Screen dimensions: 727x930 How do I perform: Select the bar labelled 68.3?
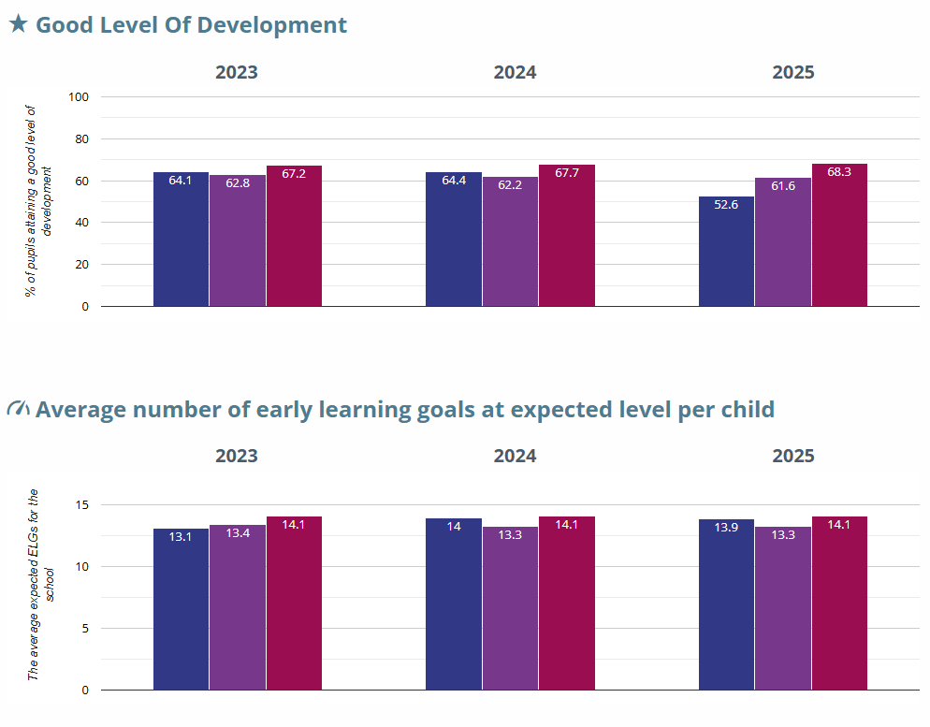click(839, 235)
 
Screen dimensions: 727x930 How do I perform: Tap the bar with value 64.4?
click(454, 239)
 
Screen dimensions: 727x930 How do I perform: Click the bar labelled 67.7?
click(566, 235)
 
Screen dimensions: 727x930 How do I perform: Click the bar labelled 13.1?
click(181, 608)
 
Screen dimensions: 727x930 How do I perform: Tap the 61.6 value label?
click(782, 186)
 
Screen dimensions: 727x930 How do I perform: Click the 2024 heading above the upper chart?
click(515, 72)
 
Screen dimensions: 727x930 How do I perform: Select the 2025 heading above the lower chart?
click(792, 457)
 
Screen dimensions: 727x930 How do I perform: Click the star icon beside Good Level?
click(18, 24)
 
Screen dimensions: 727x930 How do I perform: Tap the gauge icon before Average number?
click(18, 409)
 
